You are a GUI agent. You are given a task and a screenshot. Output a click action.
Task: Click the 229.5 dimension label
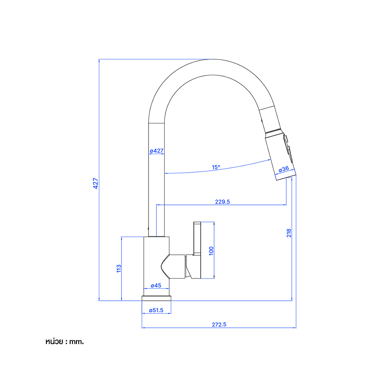point(222,202)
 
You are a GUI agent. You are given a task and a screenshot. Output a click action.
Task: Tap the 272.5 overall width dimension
point(219,324)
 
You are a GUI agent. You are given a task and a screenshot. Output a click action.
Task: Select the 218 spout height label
point(289,233)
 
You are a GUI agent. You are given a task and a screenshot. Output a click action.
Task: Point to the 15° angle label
point(216,167)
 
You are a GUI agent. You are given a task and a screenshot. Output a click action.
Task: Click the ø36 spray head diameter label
point(284,169)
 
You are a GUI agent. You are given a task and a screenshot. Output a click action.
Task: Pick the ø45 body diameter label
point(156,286)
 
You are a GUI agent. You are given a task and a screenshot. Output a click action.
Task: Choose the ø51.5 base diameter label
point(156,310)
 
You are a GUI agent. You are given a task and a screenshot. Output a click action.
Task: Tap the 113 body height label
point(119,268)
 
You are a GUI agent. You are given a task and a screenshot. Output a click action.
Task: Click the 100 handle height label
point(211,251)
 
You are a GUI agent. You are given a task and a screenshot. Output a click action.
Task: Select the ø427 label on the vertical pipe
point(157,151)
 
